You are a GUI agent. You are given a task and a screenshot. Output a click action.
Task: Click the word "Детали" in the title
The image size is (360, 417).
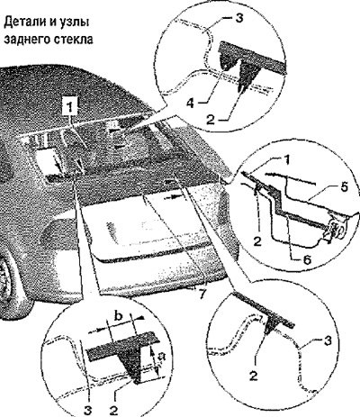coord(22,23)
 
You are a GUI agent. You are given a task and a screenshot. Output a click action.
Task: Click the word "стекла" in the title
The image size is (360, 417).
coord(74,40)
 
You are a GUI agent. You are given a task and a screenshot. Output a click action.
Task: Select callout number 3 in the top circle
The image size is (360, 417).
coord(238,18)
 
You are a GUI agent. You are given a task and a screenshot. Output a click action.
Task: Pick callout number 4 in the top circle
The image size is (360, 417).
coord(191,104)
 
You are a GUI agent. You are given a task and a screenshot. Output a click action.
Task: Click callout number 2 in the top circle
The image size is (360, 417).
coord(211,120)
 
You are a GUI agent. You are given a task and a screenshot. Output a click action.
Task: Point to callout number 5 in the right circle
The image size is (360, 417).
coord(344,187)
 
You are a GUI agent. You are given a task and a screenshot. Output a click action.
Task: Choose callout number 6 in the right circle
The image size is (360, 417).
coord(306,259)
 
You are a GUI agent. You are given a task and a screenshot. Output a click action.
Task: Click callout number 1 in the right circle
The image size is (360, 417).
coord(287,160)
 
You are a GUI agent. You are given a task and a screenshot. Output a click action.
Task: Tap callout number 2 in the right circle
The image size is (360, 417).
coord(257,240)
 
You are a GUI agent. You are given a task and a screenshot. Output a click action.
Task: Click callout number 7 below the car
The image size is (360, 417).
coord(202,294)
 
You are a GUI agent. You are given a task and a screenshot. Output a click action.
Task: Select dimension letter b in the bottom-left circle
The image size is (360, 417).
coord(119,317)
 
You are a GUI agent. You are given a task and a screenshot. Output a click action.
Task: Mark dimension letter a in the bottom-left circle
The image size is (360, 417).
coord(161,357)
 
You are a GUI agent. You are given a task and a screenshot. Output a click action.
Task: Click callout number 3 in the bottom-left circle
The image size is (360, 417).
coord(88,410)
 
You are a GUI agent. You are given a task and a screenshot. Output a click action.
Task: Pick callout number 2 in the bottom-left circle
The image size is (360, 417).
coord(113,410)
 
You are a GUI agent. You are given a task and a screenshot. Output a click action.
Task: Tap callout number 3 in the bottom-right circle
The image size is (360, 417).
coord(328,341)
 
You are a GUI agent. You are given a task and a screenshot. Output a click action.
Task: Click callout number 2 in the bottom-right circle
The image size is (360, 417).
coord(254,376)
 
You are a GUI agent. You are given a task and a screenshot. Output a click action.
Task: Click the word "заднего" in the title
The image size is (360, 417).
coord(27,40)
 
